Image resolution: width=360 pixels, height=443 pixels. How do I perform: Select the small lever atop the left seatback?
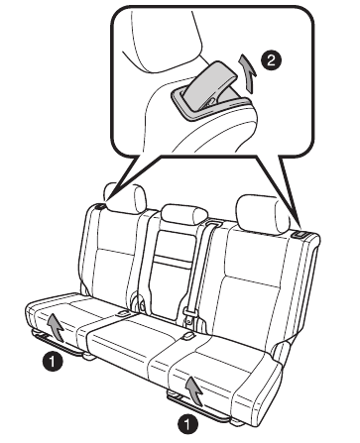coord(102,208)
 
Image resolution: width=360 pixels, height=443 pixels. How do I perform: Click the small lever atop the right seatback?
coord(300,233)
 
